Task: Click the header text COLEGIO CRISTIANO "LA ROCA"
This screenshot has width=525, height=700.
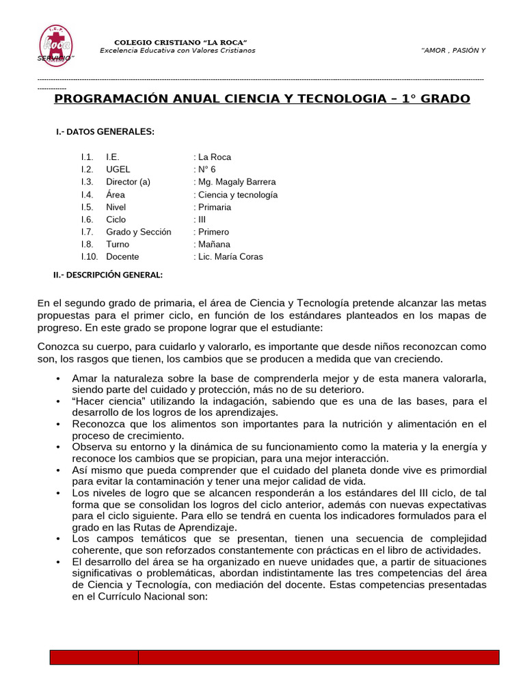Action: [x=180, y=42]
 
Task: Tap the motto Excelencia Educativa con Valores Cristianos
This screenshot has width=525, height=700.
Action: [x=177, y=51]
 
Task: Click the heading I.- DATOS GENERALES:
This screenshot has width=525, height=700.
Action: [x=105, y=131]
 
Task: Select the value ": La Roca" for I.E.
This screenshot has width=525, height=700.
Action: [x=213, y=157]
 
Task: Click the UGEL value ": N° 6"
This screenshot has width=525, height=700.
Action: [x=204, y=169]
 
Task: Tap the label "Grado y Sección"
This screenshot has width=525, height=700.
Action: [x=139, y=232]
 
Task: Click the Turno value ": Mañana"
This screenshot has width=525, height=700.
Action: [x=212, y=244]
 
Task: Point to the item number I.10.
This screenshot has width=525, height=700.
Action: [x=90, y=256]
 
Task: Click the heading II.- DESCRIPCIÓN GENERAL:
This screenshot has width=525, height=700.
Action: [x=108, y=275]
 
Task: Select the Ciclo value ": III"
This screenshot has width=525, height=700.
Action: [x=200, y=219]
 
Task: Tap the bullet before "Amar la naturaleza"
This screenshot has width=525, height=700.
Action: [x=59, y=378]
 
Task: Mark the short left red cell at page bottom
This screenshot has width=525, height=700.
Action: [x=94, y=657]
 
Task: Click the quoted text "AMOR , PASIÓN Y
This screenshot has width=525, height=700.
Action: [x=453, y=51]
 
